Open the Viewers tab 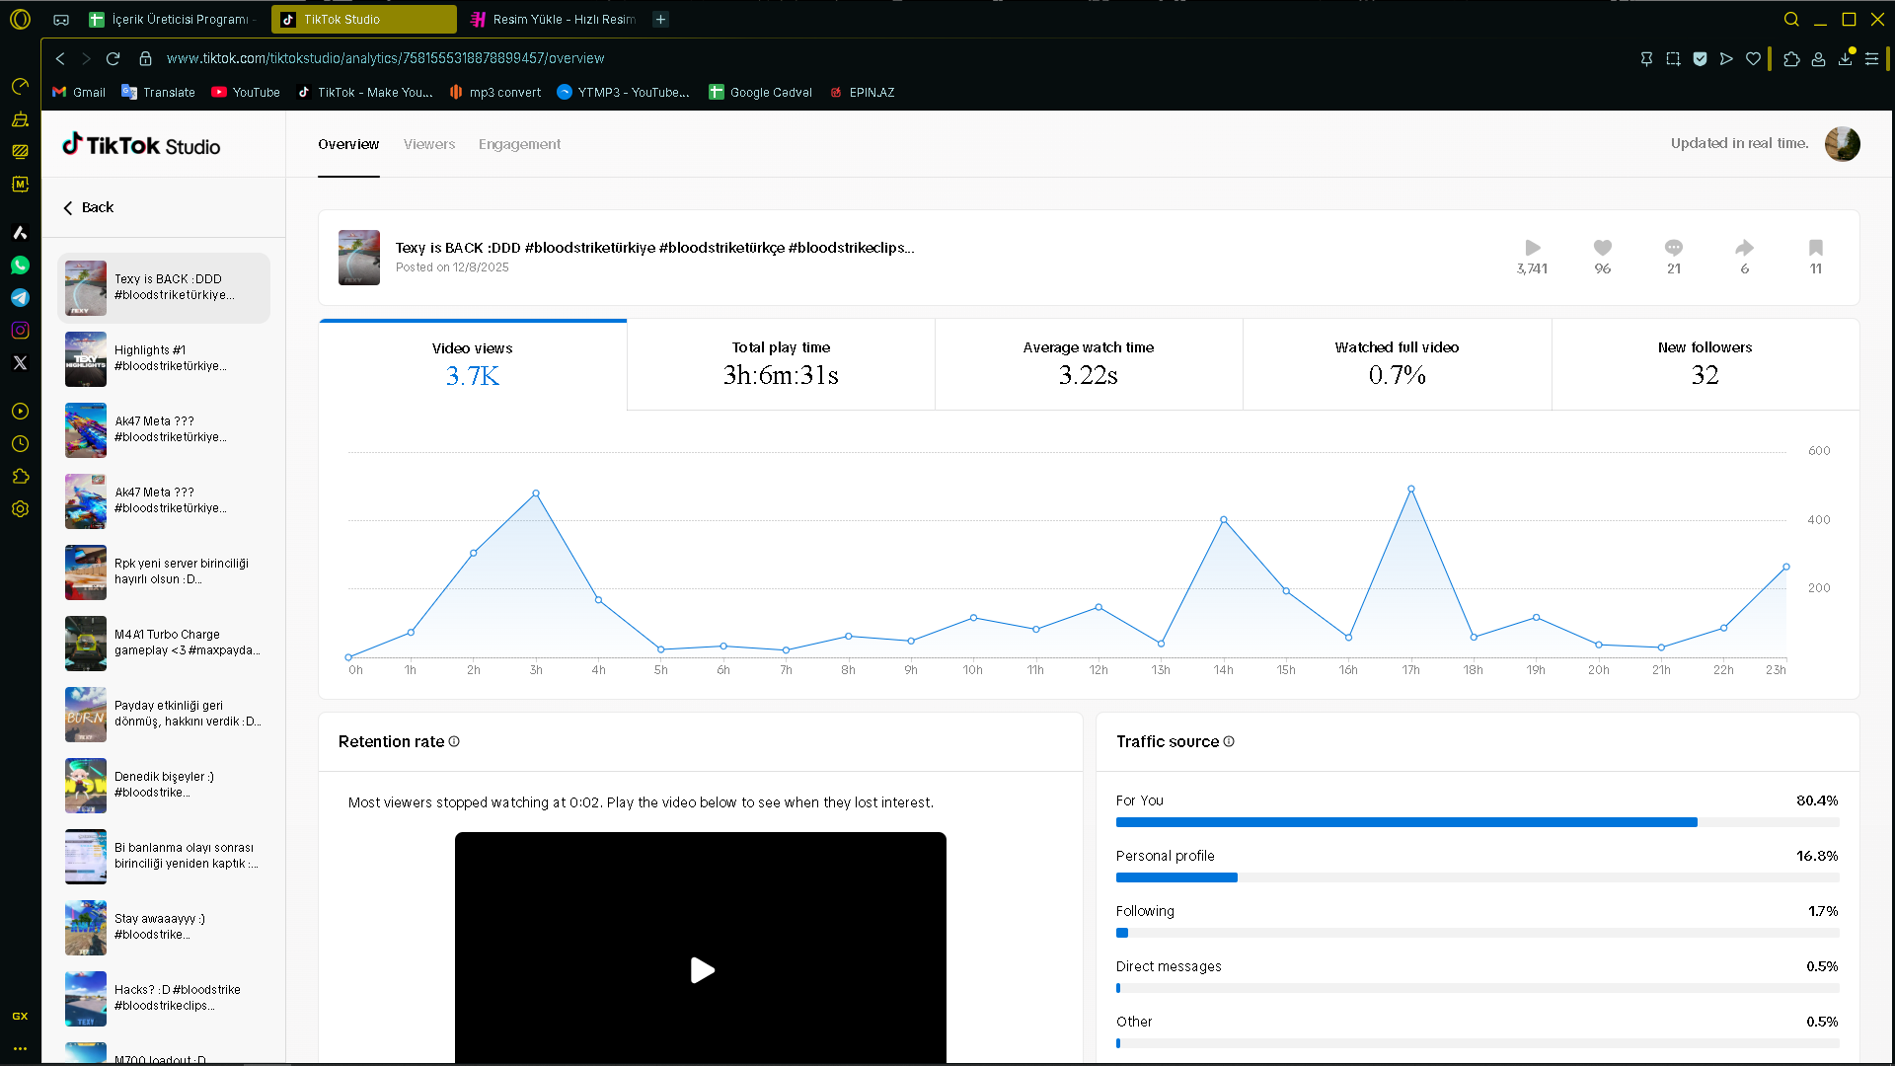coord(429,144)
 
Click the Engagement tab coord(519,144)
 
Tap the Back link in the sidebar coord(89,207)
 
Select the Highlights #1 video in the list coord(164,358)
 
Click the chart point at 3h coord(536,494)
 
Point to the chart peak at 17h coord(1411,489)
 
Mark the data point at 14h coord(1224,519)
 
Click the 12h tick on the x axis coord(1099,670)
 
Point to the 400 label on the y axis coord(1819,520)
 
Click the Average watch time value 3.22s coord(1089,375)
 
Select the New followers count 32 coord(1705,375)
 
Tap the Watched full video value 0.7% coord(1397,375)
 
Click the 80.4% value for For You coord(1817,800)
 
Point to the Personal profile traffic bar coord(1176,877)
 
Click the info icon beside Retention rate coord(454,741)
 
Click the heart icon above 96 coord(1603,248)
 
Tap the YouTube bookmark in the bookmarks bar coord(246,92)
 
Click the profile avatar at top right coord(1843,144)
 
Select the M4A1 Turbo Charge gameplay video coord(164,643)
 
